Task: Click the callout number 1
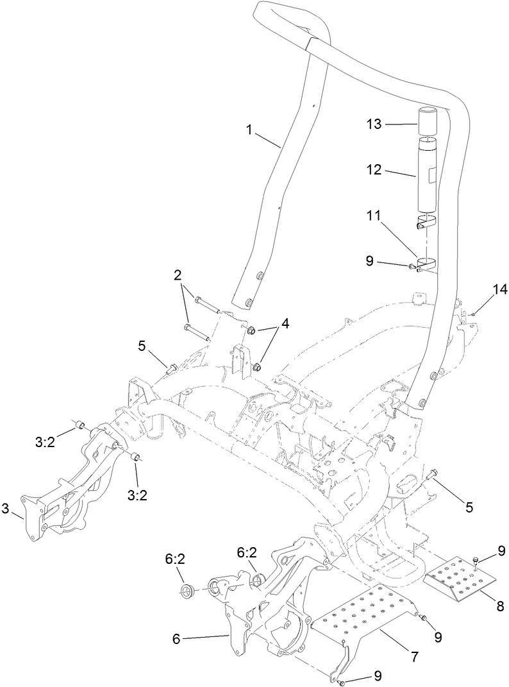(249, 130)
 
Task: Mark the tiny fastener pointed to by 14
(472, 314)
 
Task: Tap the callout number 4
(285, 324)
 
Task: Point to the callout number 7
(415, 657)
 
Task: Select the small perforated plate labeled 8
(462, 580)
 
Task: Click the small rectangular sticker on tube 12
(431, 173)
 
